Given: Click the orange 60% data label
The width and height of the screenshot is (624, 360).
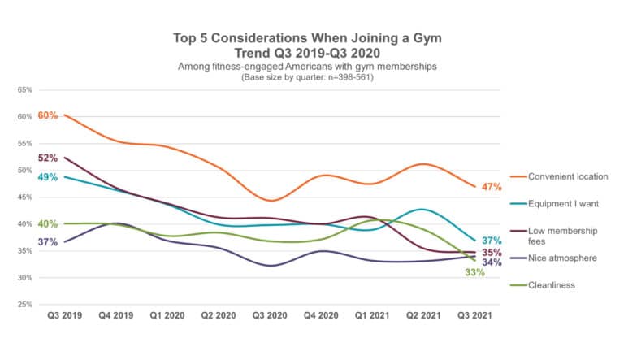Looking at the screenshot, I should coord(47,116).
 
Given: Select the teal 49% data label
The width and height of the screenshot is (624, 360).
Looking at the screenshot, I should coord(47,177).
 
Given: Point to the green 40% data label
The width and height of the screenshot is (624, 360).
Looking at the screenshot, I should coord(47,224).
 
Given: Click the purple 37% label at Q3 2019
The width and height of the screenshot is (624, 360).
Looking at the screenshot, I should coord(47,242).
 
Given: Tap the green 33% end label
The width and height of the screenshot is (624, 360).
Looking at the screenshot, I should coord(474,272).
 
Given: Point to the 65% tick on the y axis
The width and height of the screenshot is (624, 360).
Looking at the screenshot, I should coord(25,90).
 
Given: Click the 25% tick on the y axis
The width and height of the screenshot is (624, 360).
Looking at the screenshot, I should coord(25,305).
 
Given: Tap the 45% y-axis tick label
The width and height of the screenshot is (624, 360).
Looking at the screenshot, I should coord(25,197).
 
